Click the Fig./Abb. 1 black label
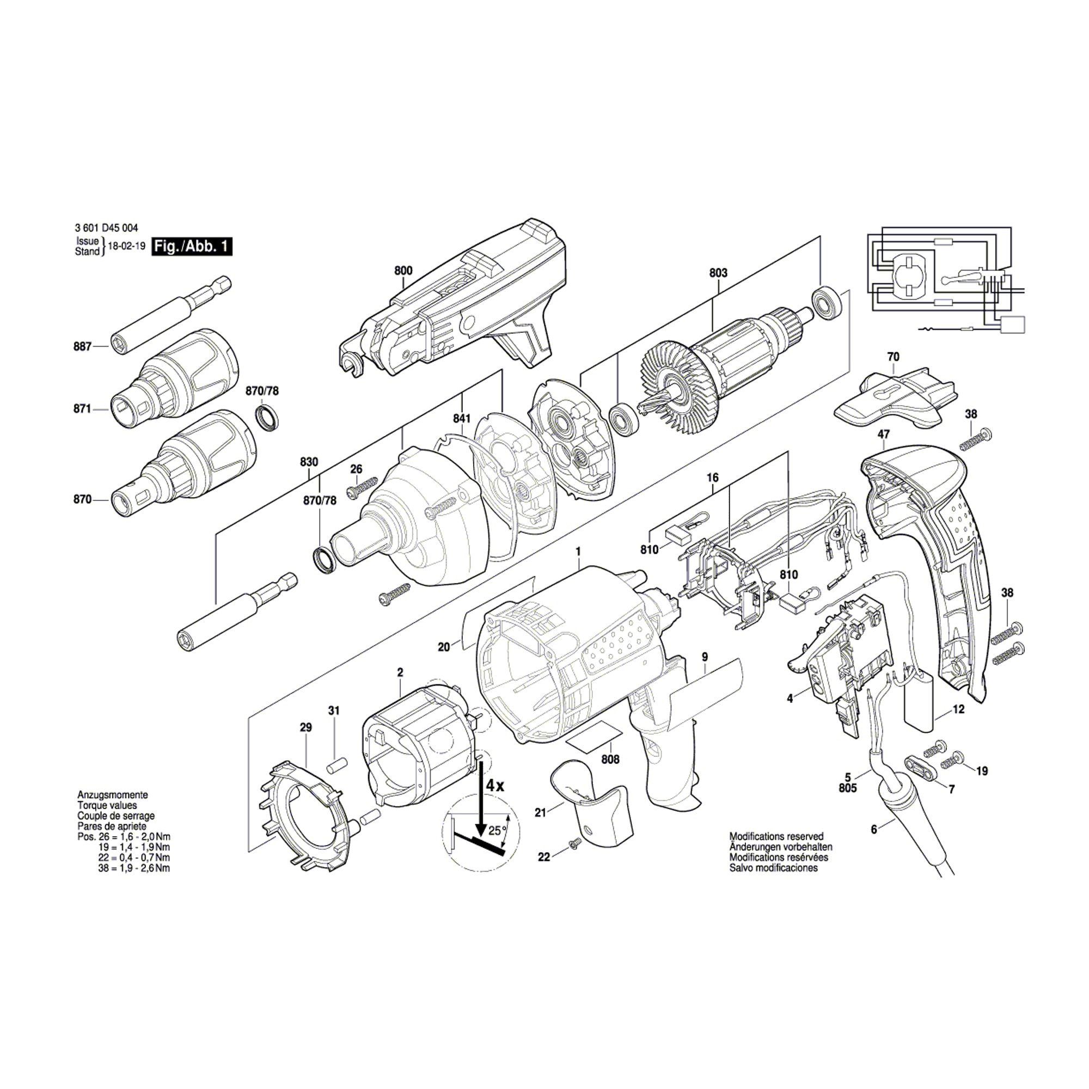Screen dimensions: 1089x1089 click(191, 247)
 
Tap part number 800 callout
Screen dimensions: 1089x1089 click(403, 271)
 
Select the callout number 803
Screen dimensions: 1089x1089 click(718, 273)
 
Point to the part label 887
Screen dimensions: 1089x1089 click(82, 347)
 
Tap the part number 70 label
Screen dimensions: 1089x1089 click(893, 356)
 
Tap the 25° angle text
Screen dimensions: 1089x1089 click(494, 830)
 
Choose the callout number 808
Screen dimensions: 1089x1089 click(610, 759)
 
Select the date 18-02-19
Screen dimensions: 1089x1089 click(123, 247)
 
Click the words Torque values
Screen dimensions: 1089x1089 click(107, 805)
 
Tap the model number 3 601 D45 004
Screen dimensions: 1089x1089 click(106, 228)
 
